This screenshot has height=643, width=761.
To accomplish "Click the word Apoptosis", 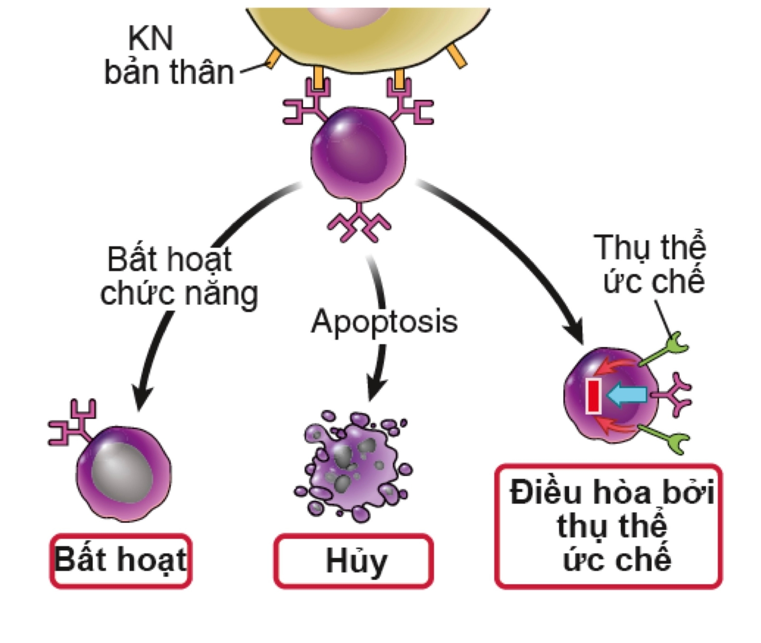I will [x=384, y=322].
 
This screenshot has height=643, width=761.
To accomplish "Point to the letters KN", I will [x=150, y=39].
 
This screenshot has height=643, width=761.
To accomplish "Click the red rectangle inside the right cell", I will [x=594, y=396].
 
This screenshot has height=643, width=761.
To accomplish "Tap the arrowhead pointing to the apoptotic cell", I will [x=376, y=389].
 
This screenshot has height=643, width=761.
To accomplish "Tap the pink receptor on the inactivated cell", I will [x=72, y=423].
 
